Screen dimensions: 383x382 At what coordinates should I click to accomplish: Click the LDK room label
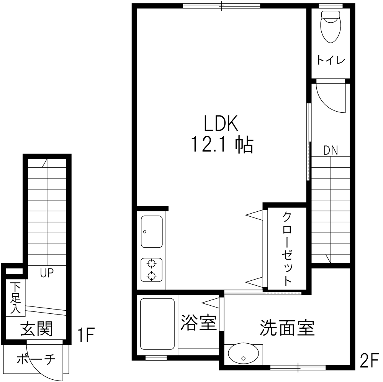(221, 123)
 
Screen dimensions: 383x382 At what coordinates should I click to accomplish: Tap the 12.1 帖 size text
(222, 145)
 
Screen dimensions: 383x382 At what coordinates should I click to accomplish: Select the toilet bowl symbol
(331, 27)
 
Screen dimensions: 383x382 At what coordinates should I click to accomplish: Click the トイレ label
(331, 60)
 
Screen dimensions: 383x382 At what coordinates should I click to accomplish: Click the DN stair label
(331, 150)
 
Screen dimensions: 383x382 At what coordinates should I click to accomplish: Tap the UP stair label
(47, 273)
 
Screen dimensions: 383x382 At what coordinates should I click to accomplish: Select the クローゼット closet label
(287, 249)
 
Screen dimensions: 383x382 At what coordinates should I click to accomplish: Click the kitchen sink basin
(152, 232)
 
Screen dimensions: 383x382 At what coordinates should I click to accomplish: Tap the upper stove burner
(151, 264)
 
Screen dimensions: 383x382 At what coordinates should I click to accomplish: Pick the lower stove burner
(151, 276)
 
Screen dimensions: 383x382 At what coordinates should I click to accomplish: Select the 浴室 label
(198, 323)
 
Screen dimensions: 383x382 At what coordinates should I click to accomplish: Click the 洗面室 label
(287, 328)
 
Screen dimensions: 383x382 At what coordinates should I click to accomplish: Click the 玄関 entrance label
(36, 329)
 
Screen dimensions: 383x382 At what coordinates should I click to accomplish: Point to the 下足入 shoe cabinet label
(15, 298)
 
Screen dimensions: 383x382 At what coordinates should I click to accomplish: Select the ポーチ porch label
(36, 359)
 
